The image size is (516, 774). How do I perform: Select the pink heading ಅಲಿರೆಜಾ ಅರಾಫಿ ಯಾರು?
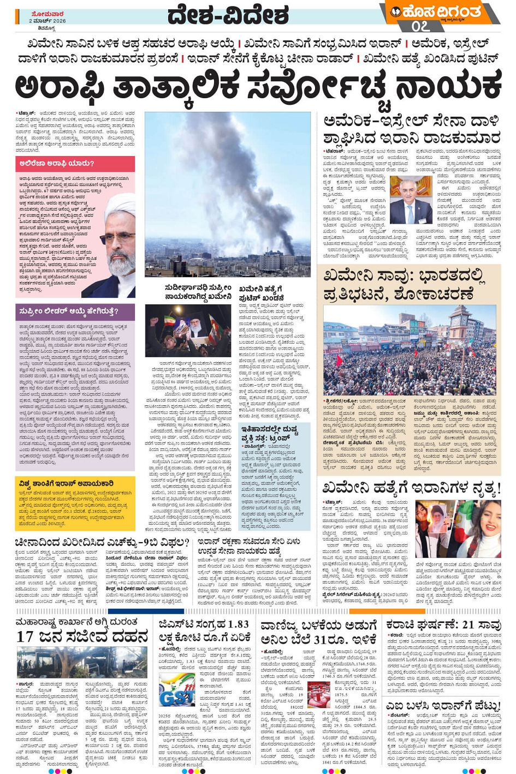[x=57, y=163]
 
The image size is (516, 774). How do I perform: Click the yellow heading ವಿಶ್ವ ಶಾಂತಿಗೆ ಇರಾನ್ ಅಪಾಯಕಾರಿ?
[x=66, y=483]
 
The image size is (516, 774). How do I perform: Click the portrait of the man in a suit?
[x=411, y=199]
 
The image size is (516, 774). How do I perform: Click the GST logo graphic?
[x=176, y=690]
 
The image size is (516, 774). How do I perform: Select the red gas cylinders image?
[x=319, y=696]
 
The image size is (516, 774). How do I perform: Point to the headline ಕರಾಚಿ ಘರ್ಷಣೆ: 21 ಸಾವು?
[x=443, y=625]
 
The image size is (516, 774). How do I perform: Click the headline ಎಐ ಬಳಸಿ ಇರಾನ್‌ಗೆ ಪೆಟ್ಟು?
[x=443, y=705]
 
